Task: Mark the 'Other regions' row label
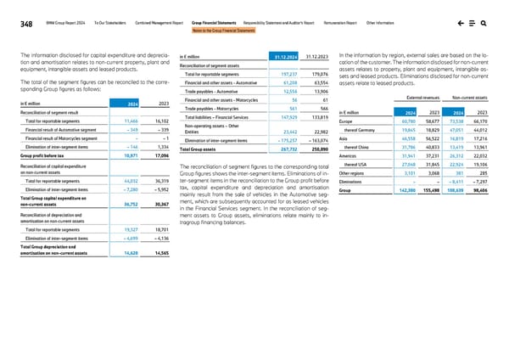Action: (352, 173)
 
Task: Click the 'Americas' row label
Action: (348, 156)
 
